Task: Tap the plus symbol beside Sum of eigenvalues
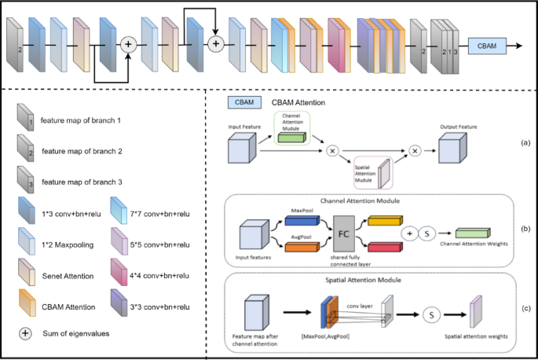26,332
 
